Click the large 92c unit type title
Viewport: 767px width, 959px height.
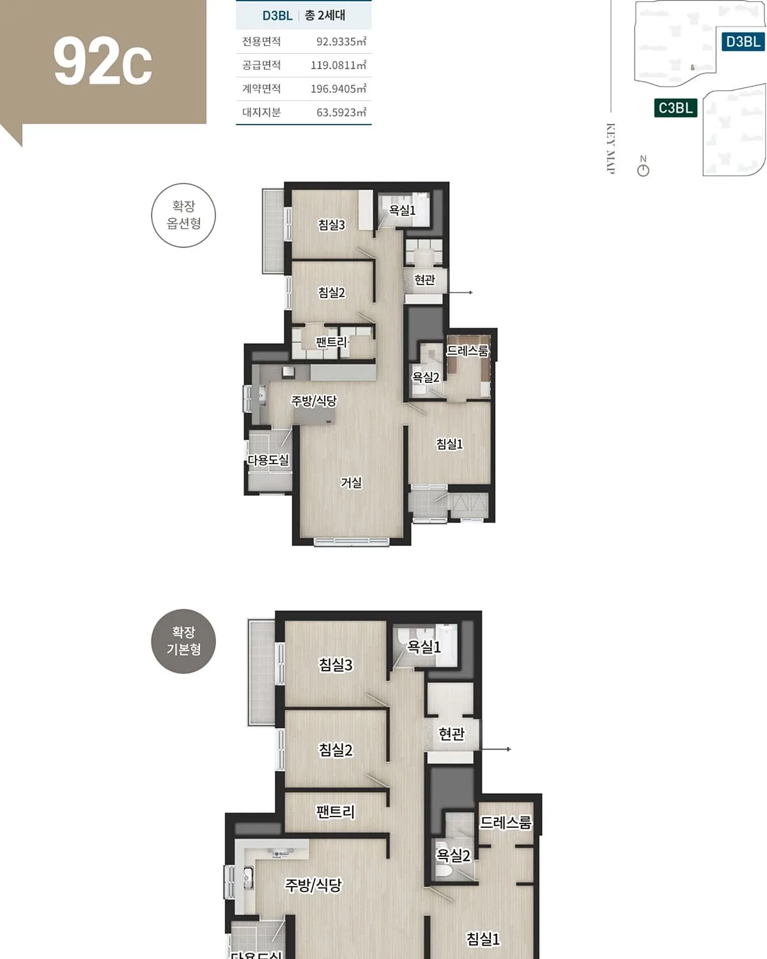(x=103, y=61)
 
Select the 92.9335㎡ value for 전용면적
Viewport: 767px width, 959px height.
(x=341, y=42)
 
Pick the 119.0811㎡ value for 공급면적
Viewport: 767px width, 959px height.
(x=338, y=65)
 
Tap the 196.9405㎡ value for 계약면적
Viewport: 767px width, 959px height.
(x=338, y=89)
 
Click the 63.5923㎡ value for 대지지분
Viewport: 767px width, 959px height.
(x=341, y=113)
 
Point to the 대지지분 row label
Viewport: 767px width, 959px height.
(x=261, y=113)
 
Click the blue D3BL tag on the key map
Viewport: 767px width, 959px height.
(x=743, y=42)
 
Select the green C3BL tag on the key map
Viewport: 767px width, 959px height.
(x=675, y=108)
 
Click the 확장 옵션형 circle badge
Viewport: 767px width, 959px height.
(x=183, y=215)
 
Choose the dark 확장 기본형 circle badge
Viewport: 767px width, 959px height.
(x=183, y=641)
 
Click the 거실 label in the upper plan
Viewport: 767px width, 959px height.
(x=351, y=482)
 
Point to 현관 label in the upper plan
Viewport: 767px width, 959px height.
(x=424, y=279)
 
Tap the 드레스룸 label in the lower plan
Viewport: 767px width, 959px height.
(x=506, y=822)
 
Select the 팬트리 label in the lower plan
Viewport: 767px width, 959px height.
(x=335, y=811)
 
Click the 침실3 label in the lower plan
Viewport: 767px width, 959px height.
(x=335, y=664)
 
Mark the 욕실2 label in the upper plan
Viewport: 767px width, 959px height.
(x=426, y=377)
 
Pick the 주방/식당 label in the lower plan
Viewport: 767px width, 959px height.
(x=313, y=885)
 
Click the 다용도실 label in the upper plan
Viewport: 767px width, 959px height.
(x=268, y=460)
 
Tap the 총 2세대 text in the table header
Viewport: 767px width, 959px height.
(x=325, y=15)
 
